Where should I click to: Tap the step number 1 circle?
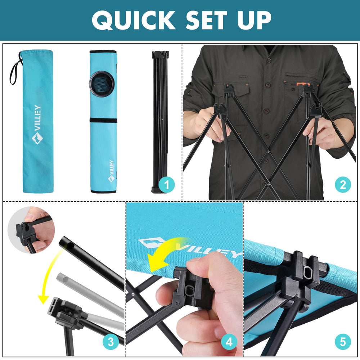click(167, 185)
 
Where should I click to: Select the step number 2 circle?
click(343, 185)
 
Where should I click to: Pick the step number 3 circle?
click(111, 342)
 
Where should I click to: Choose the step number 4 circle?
click(229, 342)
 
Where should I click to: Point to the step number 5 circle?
click(343, 342)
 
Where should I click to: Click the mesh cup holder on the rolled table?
click(102, 84)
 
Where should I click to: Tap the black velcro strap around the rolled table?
click(103, 120)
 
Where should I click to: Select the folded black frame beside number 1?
click(160, 122)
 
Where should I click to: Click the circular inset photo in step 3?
click(31, 230)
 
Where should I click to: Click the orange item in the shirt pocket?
click(303, 84)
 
